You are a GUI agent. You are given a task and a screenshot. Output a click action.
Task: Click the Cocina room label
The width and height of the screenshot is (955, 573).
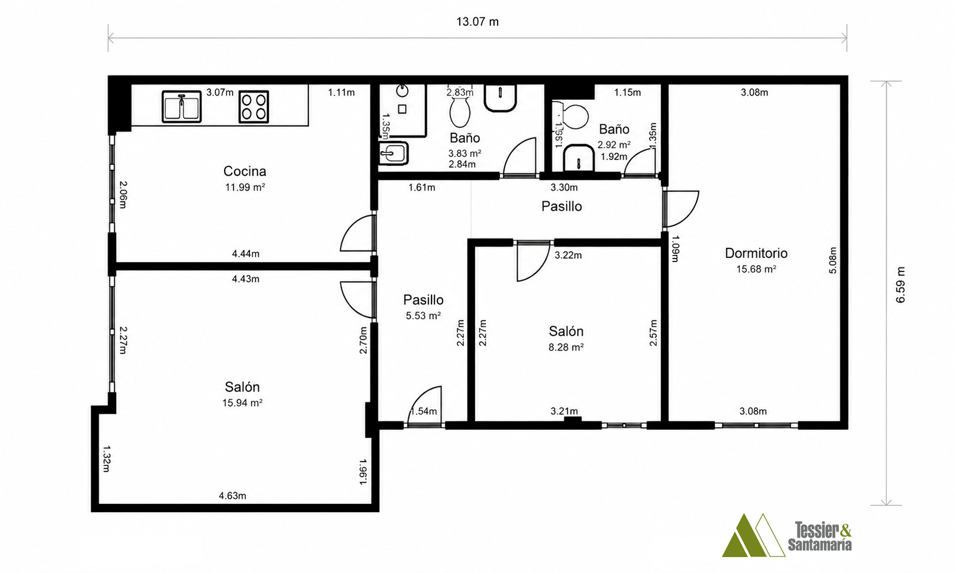click(x=245, y=171)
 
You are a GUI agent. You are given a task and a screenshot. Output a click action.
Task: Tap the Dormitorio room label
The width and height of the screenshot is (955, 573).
click(x=756, y=253)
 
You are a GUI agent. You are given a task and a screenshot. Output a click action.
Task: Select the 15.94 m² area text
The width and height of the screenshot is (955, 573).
click(x=242, y=403)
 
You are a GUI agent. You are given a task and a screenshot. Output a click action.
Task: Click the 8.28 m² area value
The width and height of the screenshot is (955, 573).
click(x=566, y=348)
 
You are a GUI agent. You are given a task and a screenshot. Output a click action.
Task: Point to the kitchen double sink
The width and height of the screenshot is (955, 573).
click(x=182, y=107)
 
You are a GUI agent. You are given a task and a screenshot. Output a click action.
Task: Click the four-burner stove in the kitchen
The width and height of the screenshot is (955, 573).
click(x=253, y=107)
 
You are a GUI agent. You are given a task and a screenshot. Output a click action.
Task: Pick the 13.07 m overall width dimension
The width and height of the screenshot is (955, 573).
click(x=477, y=22)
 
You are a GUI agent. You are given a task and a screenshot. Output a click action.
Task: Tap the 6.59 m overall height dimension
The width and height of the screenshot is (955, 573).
click(x=900, y=285)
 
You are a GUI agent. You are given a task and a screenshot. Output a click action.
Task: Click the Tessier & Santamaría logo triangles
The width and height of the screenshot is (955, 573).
click(x=753, y=535)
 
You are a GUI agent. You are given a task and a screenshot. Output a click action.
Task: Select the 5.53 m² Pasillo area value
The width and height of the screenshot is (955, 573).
click(x=423, y=316)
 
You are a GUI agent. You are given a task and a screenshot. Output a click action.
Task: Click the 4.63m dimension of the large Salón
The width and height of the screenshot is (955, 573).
click(x=232, y=496)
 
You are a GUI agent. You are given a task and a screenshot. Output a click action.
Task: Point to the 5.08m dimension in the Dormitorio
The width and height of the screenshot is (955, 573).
click(x=832, y=260)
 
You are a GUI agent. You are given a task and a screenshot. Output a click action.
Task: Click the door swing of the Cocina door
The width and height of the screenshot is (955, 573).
click(x=357, y=233)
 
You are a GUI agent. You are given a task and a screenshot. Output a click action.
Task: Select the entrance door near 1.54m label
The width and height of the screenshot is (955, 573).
click(x=424, y=405)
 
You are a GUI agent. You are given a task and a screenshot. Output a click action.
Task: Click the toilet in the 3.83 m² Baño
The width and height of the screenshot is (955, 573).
click(x=460, y=112)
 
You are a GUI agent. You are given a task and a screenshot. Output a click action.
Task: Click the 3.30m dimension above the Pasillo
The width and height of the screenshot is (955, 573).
click(x=564, y=187)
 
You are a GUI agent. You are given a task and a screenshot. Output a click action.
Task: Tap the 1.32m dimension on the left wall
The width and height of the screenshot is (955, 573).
click(x=107, y=459)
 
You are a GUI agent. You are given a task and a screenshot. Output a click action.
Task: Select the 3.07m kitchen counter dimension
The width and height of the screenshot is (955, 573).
click(x=220, y=92)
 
